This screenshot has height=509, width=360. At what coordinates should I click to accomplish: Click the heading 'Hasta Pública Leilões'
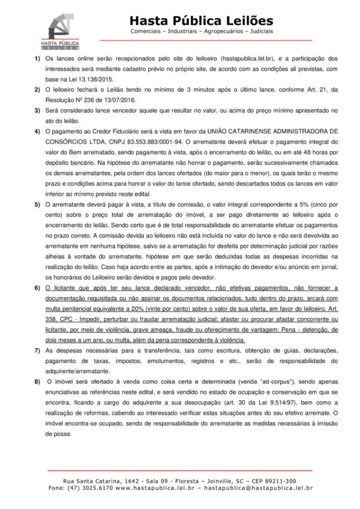pos(201,21)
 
